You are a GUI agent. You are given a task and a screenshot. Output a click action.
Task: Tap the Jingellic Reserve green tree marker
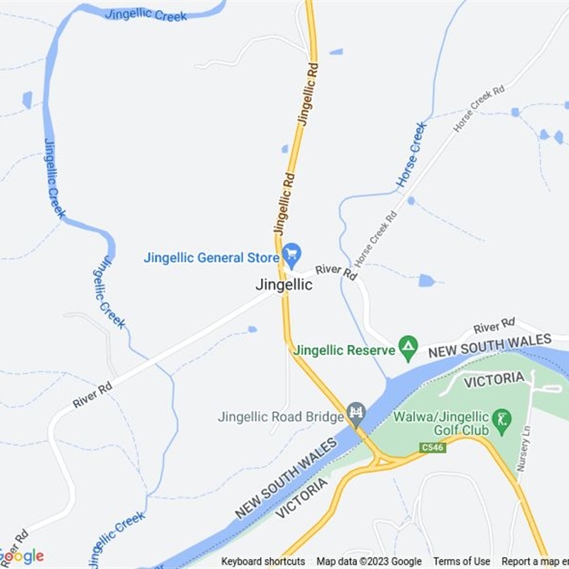[x=408, y=348]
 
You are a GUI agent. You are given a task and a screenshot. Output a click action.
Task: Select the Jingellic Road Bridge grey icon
[x=356, y=412]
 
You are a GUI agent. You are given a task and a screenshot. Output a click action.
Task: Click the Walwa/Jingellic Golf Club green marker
[x=502, y=418]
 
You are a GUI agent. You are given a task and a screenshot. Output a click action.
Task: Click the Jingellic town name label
[x=284, y=284]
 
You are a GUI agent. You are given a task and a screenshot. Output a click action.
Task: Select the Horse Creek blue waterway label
[x=412, y=154]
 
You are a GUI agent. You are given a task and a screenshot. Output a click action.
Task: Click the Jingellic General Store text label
[x=211, y=257]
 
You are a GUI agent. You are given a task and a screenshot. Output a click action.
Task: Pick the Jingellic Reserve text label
[x=344, y=350]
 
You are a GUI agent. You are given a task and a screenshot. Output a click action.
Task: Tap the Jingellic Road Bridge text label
[x=281, y=417]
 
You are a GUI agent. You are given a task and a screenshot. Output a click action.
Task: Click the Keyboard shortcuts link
[x=263, y=562]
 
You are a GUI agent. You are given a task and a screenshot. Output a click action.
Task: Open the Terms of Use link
[x=462, y=562]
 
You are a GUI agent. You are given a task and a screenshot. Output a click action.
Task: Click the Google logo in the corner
[x=21, y=556]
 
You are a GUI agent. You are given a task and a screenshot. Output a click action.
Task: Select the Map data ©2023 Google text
[x=369, y=562]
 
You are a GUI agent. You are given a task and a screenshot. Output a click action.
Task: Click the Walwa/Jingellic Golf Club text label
[x=442, y=423]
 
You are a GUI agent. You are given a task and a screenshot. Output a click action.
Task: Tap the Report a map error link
[x=533, y=562]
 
